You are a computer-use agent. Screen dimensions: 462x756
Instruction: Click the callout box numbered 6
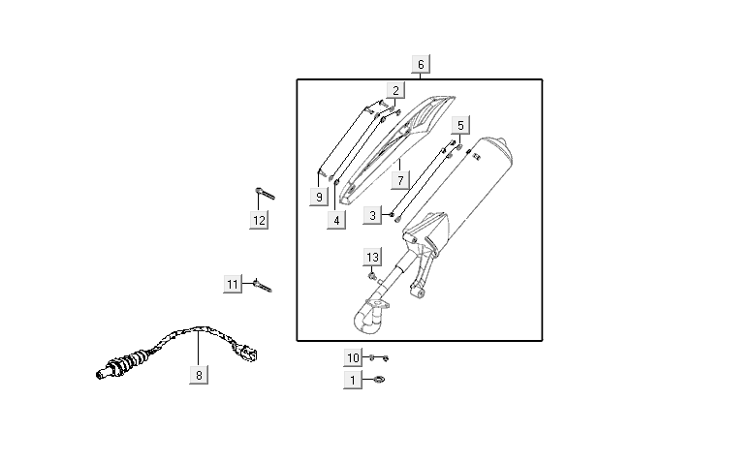click(421, 65)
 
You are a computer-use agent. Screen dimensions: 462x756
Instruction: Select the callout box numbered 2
click(394, 90)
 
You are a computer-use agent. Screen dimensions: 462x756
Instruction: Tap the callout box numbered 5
click(460, 125)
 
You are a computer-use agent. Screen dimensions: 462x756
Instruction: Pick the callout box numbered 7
click(400, 180)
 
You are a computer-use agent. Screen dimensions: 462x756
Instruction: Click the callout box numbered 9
click(318, 197)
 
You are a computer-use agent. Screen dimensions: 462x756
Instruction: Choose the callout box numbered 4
click(336, 220)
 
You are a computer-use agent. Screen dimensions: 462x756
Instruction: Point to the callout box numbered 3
click(373, 215)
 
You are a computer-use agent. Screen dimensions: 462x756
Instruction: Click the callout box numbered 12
click(259, 220)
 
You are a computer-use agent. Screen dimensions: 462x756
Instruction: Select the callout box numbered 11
click(233, 284)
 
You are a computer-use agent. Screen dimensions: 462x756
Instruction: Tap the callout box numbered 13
click(373, 257)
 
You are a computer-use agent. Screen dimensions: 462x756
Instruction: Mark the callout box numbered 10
click(354, 357)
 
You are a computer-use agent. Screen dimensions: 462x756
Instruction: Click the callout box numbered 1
click(354, 381)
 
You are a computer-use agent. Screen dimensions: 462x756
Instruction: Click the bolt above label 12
click(265, 192)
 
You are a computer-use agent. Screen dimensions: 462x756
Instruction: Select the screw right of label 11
click(262, 286)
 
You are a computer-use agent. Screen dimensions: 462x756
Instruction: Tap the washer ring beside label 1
click(379, 381)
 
